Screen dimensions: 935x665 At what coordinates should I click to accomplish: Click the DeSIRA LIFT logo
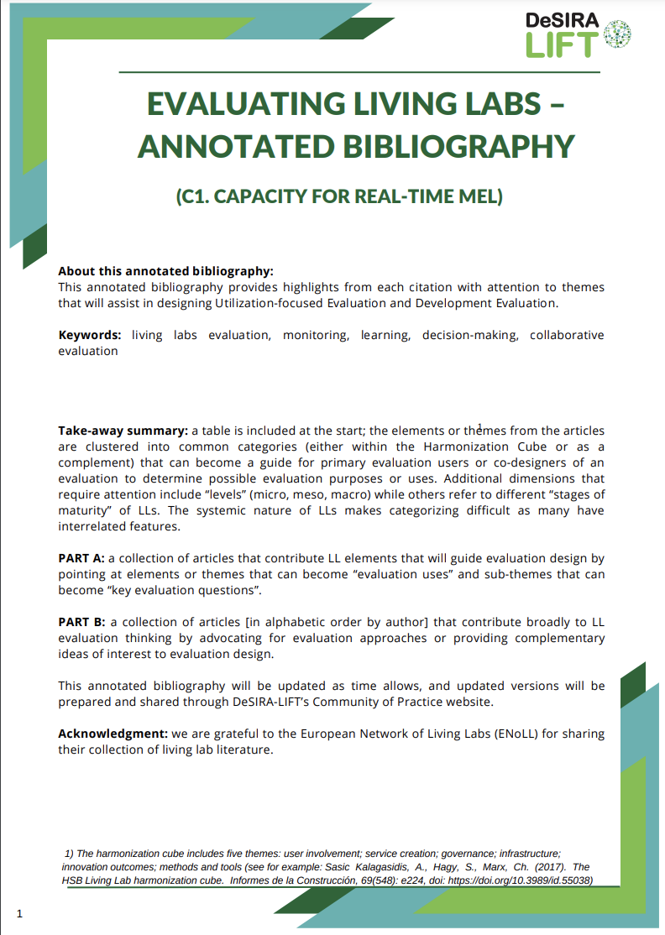tap(578, 34)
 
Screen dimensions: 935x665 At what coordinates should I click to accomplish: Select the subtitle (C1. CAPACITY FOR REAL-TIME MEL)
tap(338, 197)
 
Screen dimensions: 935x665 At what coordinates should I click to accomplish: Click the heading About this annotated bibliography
tap(165, 271)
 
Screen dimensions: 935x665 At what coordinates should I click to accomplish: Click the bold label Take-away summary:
tap(123, 431)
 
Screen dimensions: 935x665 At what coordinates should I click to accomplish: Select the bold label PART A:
tap(81, 558)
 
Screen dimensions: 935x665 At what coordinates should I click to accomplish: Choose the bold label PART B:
tap(81, 622)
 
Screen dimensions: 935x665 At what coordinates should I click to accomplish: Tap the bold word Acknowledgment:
tap(111, 734)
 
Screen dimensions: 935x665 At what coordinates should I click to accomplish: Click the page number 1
tap(19, 913)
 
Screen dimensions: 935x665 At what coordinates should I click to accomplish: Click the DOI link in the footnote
tap(521, 880)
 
